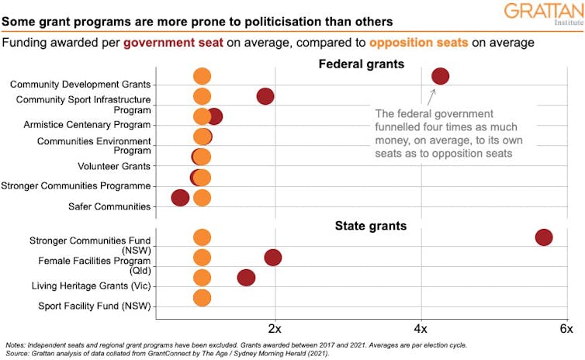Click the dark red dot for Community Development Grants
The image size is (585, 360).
pyautogui.click(x=440, y=76)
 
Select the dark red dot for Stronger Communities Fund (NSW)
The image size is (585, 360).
pyautogui.click(x=543, y=238)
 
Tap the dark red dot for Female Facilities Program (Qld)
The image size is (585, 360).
pyautogui.click(x=272, y=258)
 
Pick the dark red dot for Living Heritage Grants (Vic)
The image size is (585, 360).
pyautogui.click(x=246, y=278)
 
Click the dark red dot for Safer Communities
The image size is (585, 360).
pyautogui.click(x=180, y=198)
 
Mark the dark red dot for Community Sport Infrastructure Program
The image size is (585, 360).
pyautogui.click(x=265, y=96)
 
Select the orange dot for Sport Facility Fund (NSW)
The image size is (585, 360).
pyautogui.click(x=202, y=298)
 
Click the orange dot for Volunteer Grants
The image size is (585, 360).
pyautogui.click(x=202, y=157)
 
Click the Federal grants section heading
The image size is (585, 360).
pyautogui.click(x=362, y=64)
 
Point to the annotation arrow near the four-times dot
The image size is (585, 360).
pyautogui.click(x=432, y=96)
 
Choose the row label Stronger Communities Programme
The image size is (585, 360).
pyautogui.click(x=76, y=185)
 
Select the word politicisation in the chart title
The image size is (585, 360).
pyautogui.click(x=267, y=20)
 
